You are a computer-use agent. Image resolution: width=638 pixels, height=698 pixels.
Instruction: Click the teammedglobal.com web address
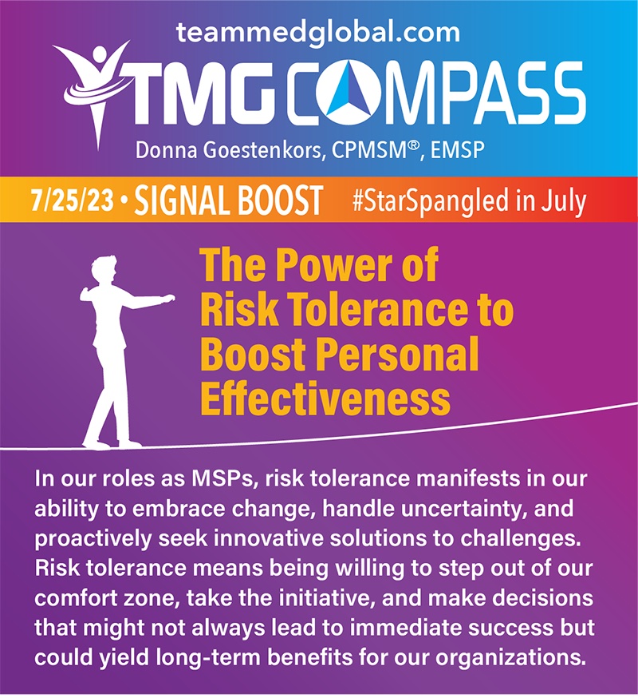point(318,33)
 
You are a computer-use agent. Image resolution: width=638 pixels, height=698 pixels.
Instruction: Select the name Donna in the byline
point(162,150)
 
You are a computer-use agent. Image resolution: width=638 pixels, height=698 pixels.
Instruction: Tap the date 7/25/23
point(73,200)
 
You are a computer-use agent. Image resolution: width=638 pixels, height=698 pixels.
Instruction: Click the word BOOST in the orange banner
point(280,200)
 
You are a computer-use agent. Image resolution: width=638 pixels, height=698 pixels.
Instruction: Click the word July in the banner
point(563,202)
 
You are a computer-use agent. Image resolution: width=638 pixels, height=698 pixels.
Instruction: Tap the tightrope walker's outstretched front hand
point(167,299)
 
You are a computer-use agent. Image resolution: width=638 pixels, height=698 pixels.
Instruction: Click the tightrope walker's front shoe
point(129,443)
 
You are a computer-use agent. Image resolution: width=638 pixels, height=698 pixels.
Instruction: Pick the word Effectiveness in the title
point(325,398)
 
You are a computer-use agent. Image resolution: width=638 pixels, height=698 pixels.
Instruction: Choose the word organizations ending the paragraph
point(510,658)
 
